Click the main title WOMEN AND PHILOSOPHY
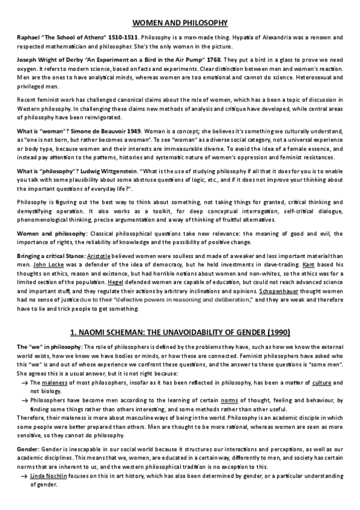pyautogui.click(x=180, y=23)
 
